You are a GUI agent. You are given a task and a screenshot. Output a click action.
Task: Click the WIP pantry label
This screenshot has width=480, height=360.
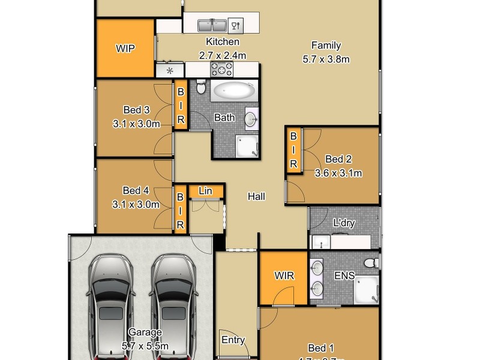[125, 49]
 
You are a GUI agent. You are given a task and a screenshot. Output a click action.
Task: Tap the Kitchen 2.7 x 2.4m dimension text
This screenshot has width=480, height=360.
[223, 55]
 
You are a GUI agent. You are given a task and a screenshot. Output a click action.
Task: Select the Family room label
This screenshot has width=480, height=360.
[326, 46]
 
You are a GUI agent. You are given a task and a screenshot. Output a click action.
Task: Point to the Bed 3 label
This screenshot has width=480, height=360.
[136, 110]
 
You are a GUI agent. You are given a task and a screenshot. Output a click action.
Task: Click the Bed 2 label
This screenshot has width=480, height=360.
[338, 160]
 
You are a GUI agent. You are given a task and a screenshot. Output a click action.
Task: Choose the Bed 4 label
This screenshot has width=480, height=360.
[136, 191]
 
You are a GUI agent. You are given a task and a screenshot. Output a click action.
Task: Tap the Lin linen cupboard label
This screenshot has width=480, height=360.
[206, 191]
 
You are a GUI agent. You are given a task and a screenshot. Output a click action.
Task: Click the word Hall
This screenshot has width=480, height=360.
[256, 196]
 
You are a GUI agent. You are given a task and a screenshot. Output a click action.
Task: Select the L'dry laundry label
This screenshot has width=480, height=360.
[344, 223]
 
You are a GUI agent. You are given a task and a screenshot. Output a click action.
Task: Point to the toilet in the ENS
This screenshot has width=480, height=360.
[372, 262]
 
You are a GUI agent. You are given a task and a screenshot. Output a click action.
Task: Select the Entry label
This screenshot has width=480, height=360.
[233, 340]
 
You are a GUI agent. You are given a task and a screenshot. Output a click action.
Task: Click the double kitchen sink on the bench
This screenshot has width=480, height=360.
[212, 25]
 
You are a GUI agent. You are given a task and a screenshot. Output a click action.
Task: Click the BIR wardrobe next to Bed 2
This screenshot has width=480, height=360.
[293, 149]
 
